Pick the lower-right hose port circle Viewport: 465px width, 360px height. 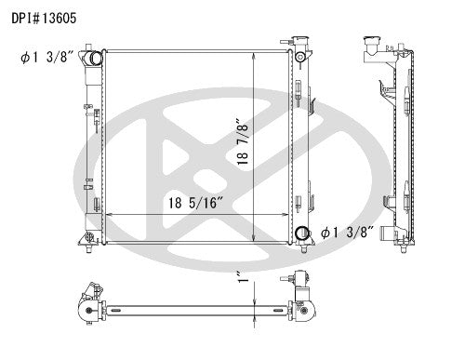[302, 233]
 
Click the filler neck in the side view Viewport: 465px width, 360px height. [370, 44]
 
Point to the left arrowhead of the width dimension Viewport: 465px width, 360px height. [111, 217]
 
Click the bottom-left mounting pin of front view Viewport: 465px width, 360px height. [90, 249]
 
